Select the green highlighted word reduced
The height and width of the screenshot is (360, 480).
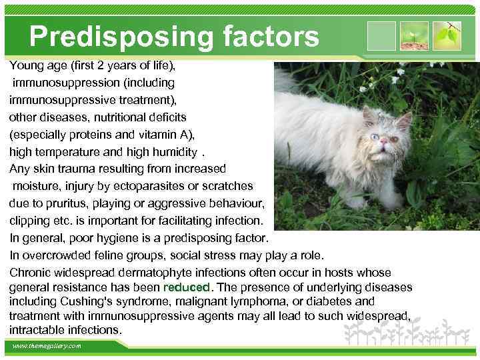187,287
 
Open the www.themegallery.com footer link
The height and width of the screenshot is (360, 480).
46,346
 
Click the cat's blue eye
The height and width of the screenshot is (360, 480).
374,137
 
